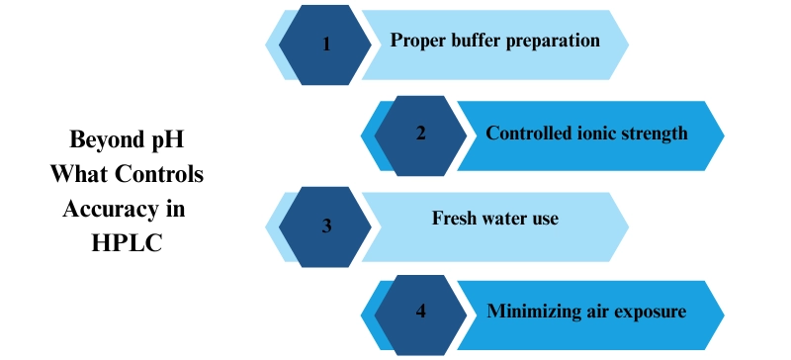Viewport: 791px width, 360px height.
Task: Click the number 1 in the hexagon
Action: tap(326, 45)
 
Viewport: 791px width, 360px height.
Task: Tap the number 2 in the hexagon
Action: tap(420, 135)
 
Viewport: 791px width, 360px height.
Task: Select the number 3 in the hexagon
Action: tap(326, 225)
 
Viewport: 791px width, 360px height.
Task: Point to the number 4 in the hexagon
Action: tap(420, 313)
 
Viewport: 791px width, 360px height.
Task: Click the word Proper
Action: tap(417, 42)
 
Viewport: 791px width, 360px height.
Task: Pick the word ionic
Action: tap(596, 134)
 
